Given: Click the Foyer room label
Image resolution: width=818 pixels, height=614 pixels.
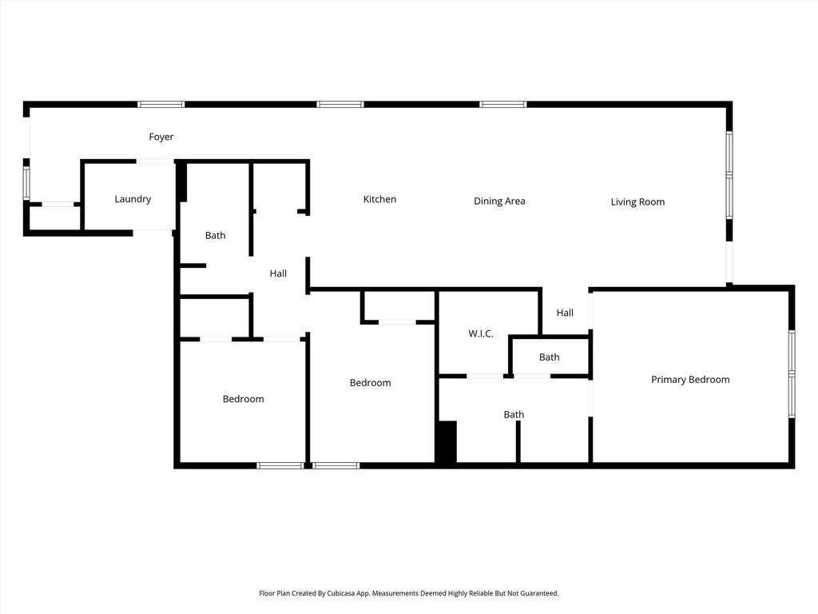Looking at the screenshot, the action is pos(161,137).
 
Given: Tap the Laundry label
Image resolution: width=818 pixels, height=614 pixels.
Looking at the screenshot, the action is pos(133,199).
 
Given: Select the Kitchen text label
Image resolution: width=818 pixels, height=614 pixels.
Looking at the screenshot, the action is pos(379,199).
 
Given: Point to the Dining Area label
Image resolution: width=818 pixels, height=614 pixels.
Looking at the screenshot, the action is pos(499,201).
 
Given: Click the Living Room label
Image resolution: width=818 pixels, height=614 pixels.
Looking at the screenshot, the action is pos(637,202).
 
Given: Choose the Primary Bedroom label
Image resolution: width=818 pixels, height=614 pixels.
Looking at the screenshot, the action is pos(690,380).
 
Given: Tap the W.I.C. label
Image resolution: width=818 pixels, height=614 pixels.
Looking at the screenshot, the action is pos(480,333).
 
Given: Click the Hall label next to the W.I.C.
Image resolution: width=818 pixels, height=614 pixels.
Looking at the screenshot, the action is pos(565,313).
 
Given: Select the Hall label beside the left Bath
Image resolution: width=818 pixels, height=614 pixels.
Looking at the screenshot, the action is pos(278,273).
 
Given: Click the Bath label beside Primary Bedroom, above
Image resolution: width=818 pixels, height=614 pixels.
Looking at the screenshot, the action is pos(549,357).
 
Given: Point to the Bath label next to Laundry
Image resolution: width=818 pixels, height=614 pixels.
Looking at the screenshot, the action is pos(215,236).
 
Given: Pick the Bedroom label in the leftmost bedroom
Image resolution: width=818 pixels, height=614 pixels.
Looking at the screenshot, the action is pos(243,399).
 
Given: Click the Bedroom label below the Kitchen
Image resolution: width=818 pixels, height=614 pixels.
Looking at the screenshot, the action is pos(370,383).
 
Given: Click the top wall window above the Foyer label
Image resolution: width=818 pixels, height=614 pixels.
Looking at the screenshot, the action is pos(161,105).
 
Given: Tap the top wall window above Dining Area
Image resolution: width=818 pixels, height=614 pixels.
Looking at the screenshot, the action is pos(503,105).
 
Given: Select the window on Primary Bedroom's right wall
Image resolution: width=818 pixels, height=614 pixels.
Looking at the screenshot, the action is pos(792,373).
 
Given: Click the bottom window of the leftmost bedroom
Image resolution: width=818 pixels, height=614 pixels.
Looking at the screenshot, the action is pos(280,465).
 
